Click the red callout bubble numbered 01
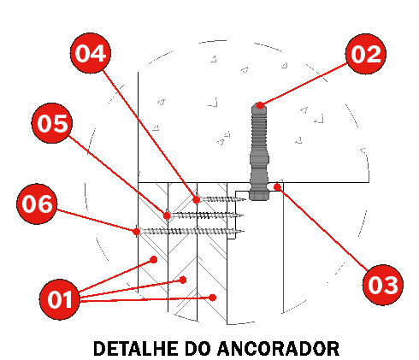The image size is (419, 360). coord(60,299)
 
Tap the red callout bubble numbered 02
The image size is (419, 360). coord(366,54)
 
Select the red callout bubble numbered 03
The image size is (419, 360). coord(382,285)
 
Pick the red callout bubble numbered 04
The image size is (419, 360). coord(91,53)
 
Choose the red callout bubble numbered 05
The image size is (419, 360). coord(51,123)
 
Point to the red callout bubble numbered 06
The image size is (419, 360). coord(37,204)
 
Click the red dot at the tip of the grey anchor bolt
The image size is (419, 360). coord(260,105)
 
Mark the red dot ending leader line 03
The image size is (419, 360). coord(277,187)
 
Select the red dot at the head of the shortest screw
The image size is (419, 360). coord(197,199)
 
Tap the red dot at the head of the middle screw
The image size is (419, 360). coord(167,215)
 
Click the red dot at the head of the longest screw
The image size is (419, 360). coord(137,232)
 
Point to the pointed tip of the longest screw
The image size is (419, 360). coord(244,232)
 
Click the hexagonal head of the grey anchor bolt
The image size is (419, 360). coord(259,195)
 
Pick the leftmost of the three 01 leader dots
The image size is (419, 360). coord(154,259)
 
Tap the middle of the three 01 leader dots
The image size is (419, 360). coord(183,280)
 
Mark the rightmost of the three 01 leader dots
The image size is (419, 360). coord(212,298)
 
